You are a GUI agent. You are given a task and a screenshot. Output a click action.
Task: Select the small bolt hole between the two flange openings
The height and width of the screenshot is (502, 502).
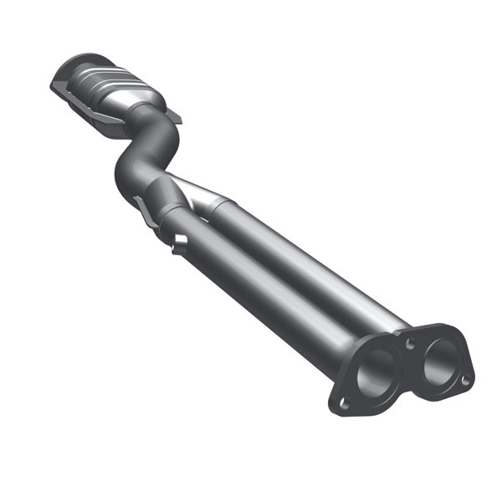[408, 344]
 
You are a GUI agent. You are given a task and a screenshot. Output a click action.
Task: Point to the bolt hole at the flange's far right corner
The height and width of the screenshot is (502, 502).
[465, 380]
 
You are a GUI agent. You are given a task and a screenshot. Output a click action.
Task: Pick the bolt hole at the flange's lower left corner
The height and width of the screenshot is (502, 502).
[343, 403]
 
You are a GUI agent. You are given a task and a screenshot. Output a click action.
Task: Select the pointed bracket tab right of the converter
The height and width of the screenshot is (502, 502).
[174, 116]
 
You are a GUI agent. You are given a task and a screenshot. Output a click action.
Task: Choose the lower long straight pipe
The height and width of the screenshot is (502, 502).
[276, 293]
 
